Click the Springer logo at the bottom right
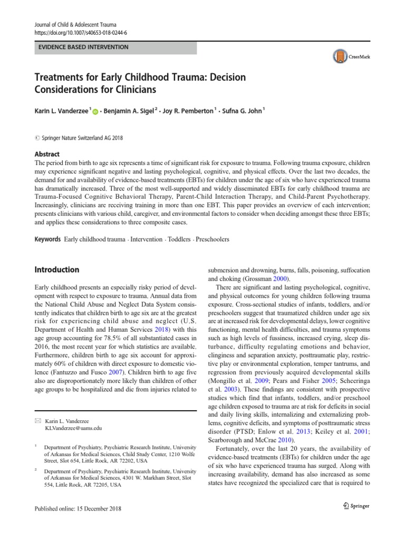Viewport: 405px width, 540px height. [354, 505]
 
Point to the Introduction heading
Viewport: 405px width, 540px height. [56, 269]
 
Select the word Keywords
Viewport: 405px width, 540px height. [47, 239]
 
